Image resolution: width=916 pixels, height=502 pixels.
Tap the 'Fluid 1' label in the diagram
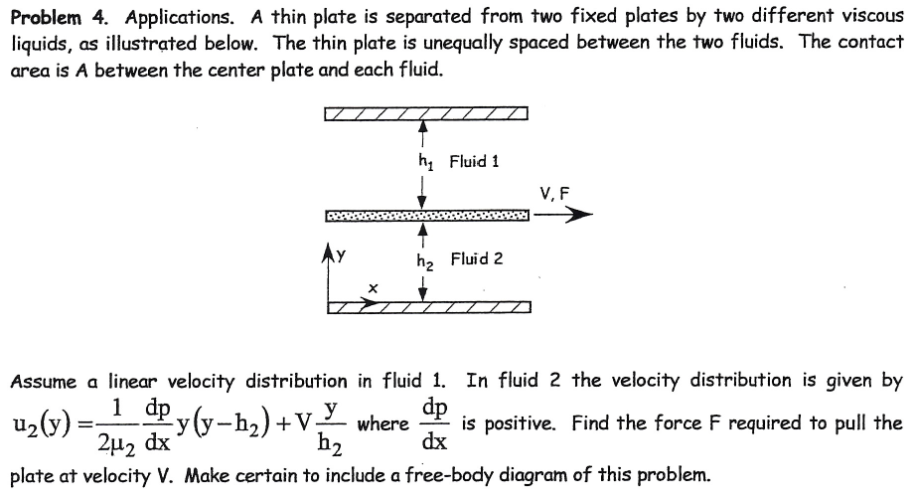pos(474,160)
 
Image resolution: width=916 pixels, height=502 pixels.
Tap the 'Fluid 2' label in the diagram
pos(476,258)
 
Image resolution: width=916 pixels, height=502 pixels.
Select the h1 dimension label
pos(425,161)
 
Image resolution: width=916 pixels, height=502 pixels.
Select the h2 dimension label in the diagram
pos(424,261)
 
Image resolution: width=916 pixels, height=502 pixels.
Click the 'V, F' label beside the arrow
pos(554,194)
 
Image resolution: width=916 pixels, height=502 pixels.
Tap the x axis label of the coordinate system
pos(372,287)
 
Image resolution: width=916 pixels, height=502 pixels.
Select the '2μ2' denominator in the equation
pos(119,439)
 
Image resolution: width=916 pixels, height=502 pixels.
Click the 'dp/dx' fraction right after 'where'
pos(434,423)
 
